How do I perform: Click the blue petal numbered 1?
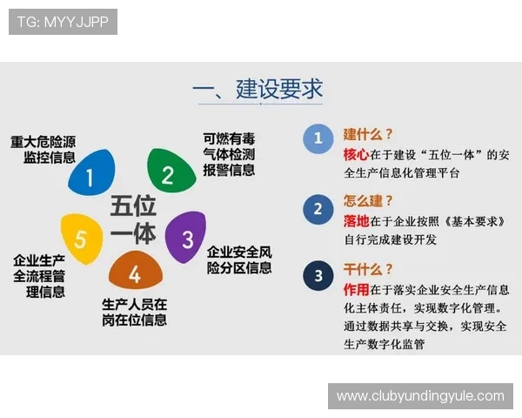pyautogui.click(x=90, y=176)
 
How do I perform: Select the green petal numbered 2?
pyautogui.click(x=170, y=172)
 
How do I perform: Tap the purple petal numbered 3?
pyautogui.click(x=185, y=237)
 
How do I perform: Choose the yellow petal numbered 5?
pyautogui.click(x=81, y=237)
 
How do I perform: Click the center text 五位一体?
pyautogui.click(x=132, y=219)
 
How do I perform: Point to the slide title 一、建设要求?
pyautogui.click(x=258, y=90)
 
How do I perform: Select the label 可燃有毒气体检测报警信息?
pyautogui.click(x=229, y=154)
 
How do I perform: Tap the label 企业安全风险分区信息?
pyautogui.click(x=239, y=260)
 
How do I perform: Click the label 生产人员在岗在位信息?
pyautogui.click(x=134, y=312)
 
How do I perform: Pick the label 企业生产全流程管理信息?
pyautogui.click(x=39, y=276)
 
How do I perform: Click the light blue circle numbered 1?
pyautogui.click(x=318, y=138)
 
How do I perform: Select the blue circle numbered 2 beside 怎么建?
pyautogui.click(x=318, y=209)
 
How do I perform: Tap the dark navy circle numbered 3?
pyautogui.click(x=318, y=276)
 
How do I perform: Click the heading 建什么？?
pyautogui.click(x=368, y=134)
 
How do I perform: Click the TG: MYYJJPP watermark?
pyautogui.click(x=63, y=22)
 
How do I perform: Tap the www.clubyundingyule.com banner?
pyautogui.click(x=420, y=396)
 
